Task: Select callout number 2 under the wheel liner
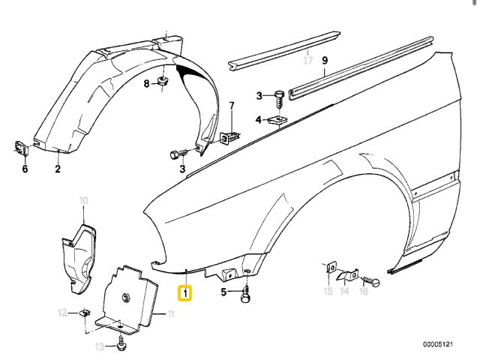click(x=57, y=169)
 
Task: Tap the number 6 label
click(x=24, y=169)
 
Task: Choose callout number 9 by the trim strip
click(x=325, y=61)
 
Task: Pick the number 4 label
click(x=259, y=119)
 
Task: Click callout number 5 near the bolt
click(x=223, y=291)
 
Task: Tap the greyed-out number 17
click(x=307, y=61)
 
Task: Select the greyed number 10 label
click(x=83, y=199)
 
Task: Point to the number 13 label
click(x=99, y=346)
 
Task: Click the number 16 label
click(x=364, y=291)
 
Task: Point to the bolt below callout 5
click(x=245, y=297)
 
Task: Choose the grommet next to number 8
click(x=163, y=81)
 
